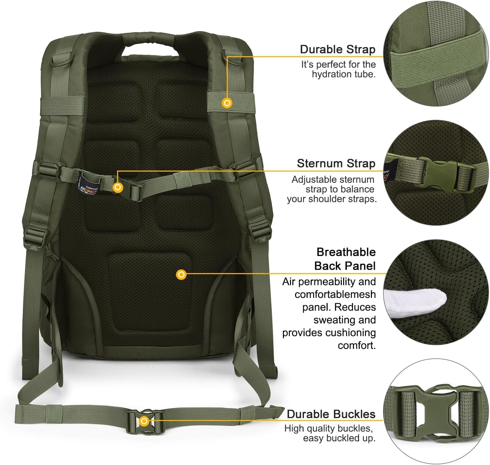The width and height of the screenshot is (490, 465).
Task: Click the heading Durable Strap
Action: (x=337, y=49)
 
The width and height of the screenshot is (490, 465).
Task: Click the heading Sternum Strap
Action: (x=336, y=163)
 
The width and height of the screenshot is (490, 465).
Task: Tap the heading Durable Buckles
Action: (x=331, y=414)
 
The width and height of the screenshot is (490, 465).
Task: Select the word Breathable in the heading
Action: (x=346, y=252)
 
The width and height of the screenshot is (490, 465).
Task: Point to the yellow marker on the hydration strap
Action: (x=227, y=103)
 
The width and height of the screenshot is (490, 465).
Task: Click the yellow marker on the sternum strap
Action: (x=118, y=187)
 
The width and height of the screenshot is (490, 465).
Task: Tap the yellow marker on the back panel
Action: (x=181, y=274)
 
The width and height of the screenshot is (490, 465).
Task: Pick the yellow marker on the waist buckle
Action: (x=144, y=421)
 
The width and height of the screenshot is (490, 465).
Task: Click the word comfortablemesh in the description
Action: (x=335, y=294)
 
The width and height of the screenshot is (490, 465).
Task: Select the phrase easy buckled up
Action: (x=339, y=438)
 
